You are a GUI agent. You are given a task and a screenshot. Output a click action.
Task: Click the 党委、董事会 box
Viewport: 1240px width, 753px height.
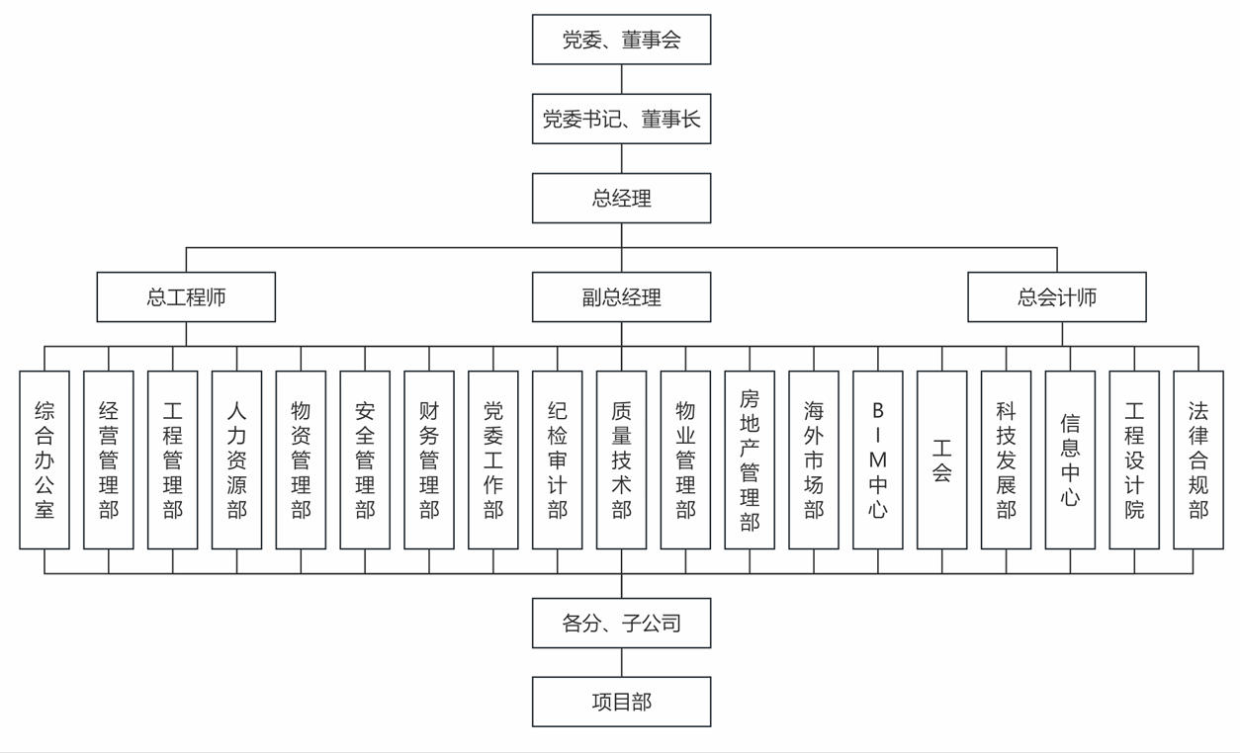(x=621, y=40)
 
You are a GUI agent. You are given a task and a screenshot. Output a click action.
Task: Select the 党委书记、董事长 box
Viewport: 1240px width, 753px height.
(x=621, y=119)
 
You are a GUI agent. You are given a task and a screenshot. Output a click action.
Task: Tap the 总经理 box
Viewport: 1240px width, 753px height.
(x=621, y=198)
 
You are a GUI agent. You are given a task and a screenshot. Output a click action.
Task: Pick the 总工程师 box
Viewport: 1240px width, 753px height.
(x=186, y=296)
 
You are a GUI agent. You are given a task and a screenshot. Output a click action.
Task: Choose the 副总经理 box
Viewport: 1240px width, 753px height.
(x=621, y=296)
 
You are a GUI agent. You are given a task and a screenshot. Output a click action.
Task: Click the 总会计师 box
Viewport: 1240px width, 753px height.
(x=1056, y=296)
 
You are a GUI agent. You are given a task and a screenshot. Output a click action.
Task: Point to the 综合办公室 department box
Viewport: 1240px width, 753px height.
(x=44, y=460)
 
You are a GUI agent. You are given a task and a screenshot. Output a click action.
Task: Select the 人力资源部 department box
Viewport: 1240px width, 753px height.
(x=236, y=460)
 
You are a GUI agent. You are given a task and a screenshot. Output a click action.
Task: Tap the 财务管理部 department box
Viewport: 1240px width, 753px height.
(x=429, y=460)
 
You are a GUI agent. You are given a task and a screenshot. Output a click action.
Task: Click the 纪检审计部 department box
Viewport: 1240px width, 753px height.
(x=557, y=460)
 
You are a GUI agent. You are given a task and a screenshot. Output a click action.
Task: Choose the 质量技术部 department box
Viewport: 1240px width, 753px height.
(x=621, y=460)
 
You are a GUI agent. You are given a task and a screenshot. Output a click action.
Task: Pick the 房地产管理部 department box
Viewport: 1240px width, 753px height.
(x=750, y=460)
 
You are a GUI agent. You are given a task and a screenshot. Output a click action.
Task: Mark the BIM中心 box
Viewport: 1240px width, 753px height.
(x=877, y=460)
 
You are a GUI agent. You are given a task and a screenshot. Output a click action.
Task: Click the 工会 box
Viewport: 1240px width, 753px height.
(x=941, y=460)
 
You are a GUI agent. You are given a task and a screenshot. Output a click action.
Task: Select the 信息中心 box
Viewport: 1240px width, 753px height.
(x=1070, y=460)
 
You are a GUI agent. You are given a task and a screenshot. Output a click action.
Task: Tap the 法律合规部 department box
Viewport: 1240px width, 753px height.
(x=1197, y=460)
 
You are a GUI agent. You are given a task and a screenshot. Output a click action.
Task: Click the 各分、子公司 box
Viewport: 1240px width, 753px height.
(x=621, y=623)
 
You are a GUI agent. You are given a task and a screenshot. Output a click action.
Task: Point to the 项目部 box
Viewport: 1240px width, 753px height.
(x=621, y=702)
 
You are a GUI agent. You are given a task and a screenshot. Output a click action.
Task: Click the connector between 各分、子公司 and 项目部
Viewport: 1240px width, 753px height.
(x=621, y=662)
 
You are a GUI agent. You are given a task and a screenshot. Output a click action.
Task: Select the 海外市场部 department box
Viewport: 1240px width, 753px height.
(x=814, y=460)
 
